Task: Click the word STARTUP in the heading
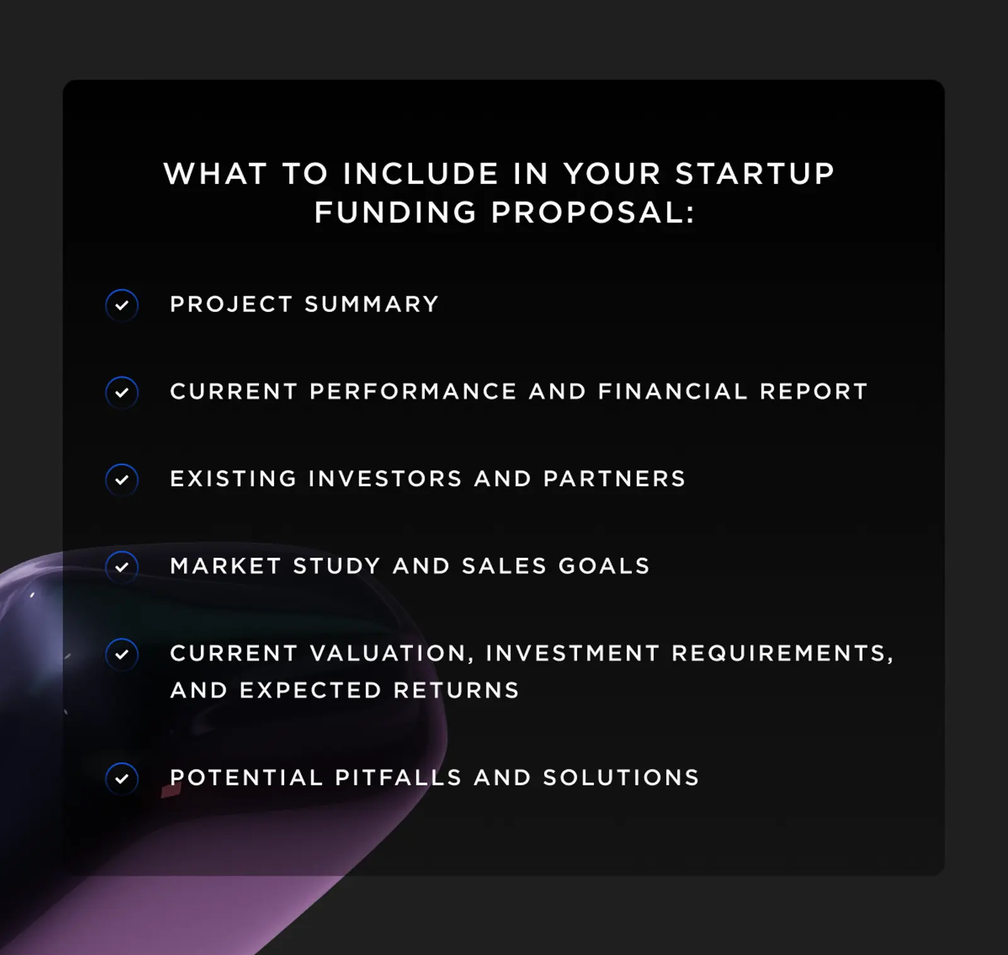pyautogui.click(x=755, y=174)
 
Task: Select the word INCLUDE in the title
pyautogui.click(x=421, y=174)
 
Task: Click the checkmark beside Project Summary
pyautogui.click(x=122, y=305)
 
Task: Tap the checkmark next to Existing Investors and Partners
pyautogui.click(x=122, y=480)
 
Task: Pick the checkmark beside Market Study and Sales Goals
pyautogui.click(x=122, y=567)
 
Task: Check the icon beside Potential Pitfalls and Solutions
pyautogui.click(x=122, y=778)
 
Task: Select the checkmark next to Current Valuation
pyautogui.click(x=122, y=654)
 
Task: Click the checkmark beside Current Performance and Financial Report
pyautogui.click(x=122, y=392)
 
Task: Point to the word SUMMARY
pyautogui.click(x=372, y=304)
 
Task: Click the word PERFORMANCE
pyautogui.click(x=413, y=391)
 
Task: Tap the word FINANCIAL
pyautogui.click(x=672, y=391)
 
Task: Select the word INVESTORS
pyautogui.click(x=386, y=479)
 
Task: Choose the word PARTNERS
pyautogui.click(x=614, y=479)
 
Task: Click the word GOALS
pyautogui.click(x=604, y=566)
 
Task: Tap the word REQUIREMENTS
pyautogui.click(x=782, y=653)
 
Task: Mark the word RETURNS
pyautogui.click(x=456, y=690)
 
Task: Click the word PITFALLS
pyautogui.click(x=398, y=777)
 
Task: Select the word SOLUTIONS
pyautogui.click(x=621, y=777)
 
